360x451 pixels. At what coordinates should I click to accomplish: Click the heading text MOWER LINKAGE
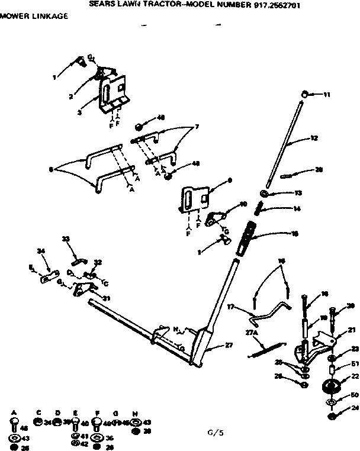point(30,15)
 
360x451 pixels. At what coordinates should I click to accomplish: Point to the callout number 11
point(327,94)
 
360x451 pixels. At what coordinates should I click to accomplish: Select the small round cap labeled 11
point(304,94)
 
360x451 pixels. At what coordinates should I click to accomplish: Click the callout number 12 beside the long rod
point(314,138)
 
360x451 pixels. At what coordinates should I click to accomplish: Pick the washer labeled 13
point(265,194)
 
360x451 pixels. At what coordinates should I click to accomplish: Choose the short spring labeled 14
point(259,208)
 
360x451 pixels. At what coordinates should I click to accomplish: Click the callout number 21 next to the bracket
point(351,329)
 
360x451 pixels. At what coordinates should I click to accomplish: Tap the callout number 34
point(41,252)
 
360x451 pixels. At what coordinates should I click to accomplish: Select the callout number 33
point(66,239)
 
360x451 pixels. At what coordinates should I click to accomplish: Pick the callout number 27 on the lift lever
point(230,343)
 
